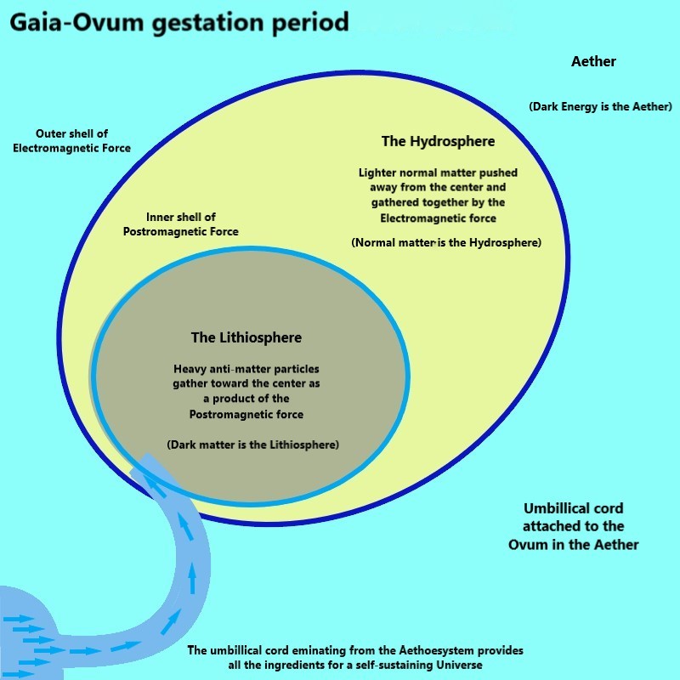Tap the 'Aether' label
pyautogui.click(x=594, y=61)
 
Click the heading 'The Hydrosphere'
pyautogui.click(x=438, y=141)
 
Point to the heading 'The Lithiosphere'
pyautogui.click(x=246, y=337)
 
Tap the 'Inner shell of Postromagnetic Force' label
pyautogui.click(x=180, y=224)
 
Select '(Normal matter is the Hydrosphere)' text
pyautogui.click(x=446, y=243)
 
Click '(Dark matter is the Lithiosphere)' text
pyautogui.click(x=253, y=445)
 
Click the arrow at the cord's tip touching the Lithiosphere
pyautogui.click(x=153, y=484)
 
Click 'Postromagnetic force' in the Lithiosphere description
pyautogui.click(x=246, y=414)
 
